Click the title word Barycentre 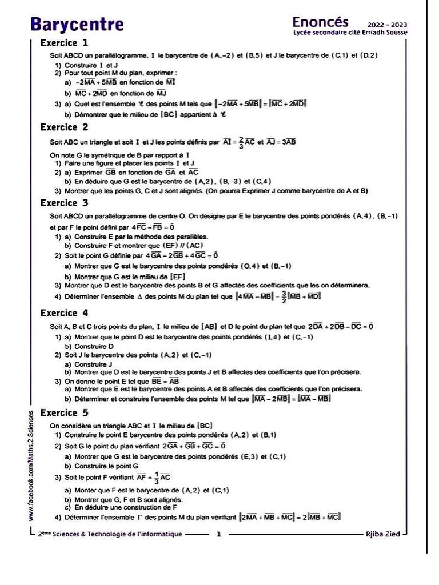pyautogui.click(x=77, y=25)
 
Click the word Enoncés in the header pyautogui.click(x=320, y=22)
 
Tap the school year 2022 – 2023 pyautogui.click(x=391, y=25)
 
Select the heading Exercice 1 pyautogui.click(x=65, y=43)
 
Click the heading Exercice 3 pyautogui.click(x=65, y=203)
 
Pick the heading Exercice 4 pyautogui.click(x=65, y=313)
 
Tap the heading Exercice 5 pyautogui.click(x=65, y=412)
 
